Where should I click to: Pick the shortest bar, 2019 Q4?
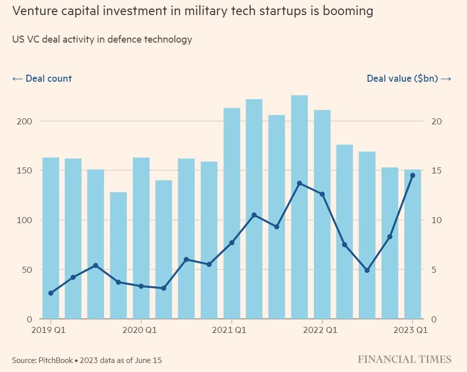coord(119,255)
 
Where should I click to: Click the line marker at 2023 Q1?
coord(413,175)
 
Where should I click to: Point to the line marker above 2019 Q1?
coord(51,293)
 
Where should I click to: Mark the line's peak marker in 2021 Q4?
coord(299,183)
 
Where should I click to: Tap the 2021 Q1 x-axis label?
coord(231,330)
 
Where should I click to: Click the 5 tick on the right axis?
coord(434,270)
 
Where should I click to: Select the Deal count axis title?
coord(42,79)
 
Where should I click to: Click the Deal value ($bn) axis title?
coord(409,79)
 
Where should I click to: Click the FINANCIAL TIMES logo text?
coord(405,359)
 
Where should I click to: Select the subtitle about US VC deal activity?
coord(102,40)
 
